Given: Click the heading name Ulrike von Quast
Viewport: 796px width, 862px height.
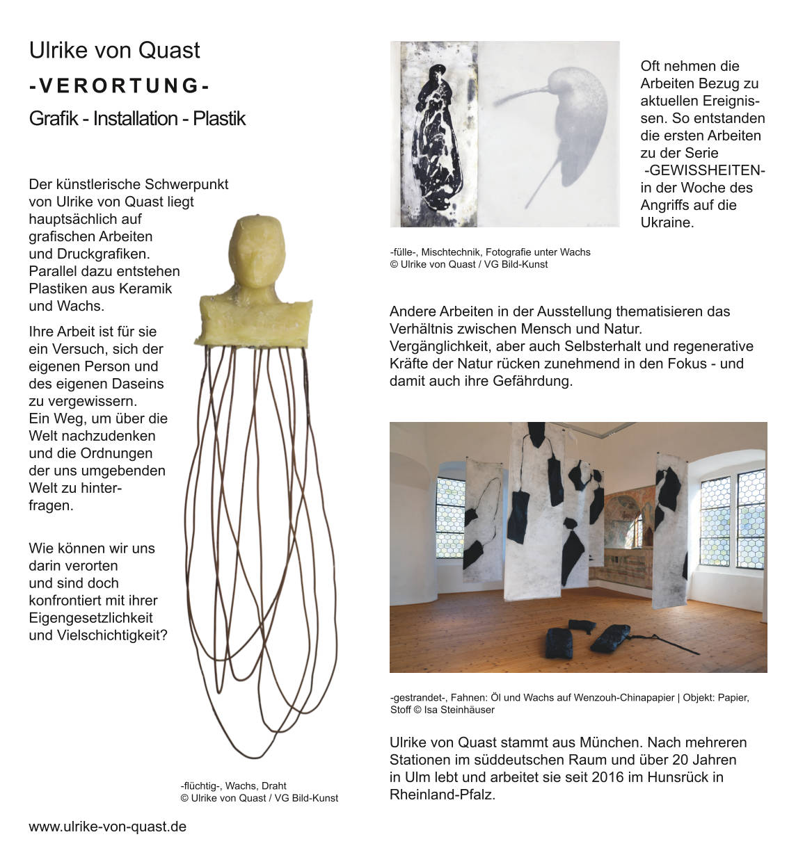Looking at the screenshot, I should (x=114, y=50).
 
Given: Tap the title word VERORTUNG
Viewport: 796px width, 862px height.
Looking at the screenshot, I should (x=119, y=86).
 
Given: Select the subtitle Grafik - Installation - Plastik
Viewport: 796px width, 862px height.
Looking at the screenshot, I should (x=137, y=118).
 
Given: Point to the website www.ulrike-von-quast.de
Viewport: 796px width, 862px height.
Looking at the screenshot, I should (x=107, y=827).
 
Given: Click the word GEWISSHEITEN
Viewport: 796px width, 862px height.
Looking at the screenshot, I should (x=704, y=170).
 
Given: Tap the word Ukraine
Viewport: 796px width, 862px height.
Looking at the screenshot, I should (x=666, y=222).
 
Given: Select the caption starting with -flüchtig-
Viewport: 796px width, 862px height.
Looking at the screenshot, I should (x=259, y=792).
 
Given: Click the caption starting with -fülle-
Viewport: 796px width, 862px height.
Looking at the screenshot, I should (x=490, y=258).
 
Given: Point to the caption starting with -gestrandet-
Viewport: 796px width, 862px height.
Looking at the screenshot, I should (x=569, y=703).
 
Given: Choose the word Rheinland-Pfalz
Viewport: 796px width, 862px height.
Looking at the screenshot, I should (x=442, y=795).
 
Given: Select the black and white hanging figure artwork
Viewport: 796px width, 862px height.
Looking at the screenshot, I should (x=434, y=133).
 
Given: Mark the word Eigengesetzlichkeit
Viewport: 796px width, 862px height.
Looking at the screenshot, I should (x=90, y=617).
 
